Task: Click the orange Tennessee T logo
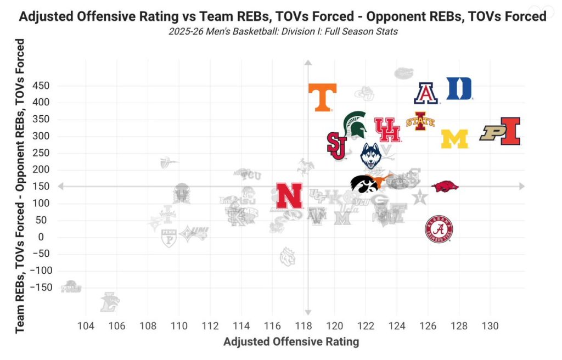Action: [322, 97]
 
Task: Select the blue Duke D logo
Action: [459, 88]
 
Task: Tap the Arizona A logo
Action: [426, 93]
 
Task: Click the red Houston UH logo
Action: [387, 130]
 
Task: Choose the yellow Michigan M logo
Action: [454, 139]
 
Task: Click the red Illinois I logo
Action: [510, 131]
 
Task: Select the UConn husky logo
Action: [371, 156]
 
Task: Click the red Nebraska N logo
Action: [289, 196]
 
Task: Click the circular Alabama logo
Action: [439, 229]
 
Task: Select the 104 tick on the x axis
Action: [86, 326]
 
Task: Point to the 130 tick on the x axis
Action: [490, 326]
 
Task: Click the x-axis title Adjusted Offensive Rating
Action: [291, 342]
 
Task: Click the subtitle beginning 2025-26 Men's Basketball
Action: [283, 31]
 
